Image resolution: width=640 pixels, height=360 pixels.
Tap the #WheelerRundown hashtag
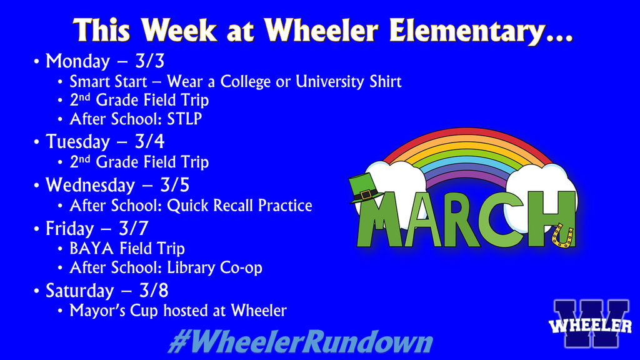(x=301, y=342)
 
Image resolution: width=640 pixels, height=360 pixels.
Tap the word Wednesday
(x=90, y=186)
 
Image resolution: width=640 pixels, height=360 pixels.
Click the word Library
(x=196, y=267)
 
